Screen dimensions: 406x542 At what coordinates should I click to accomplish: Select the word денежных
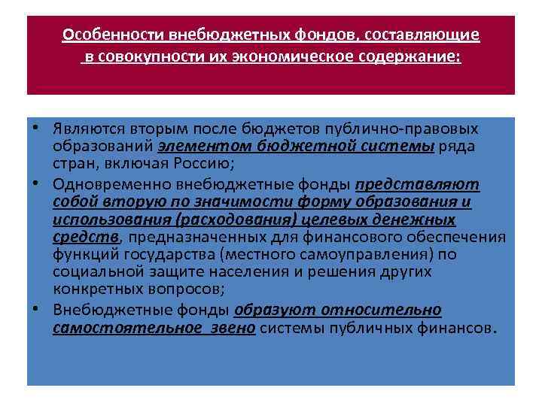[419, 220]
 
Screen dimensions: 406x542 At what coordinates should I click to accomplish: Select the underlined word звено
[231, 328]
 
